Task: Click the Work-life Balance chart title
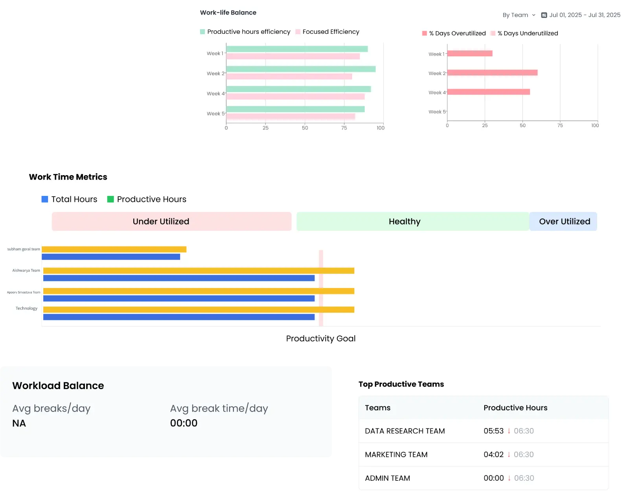[x=228, y=13]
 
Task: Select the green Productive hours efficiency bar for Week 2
[x=301, y=69]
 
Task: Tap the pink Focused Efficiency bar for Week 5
[x=291, y=116]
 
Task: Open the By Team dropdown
[x=519, y=15]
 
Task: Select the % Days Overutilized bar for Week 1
[x=470, y=54]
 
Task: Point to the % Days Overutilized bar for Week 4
[x=489, y=92]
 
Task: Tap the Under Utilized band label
[x=161, y=222]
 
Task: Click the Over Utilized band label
[x=564, y=222]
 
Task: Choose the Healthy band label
[x=405, y=222]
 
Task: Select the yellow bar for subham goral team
[x=114, y=249]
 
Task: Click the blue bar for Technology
[x=179, y=317]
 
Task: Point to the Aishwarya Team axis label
[x=26, y=271]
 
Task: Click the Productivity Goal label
[x=320, y=339]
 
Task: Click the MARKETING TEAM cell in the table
[x=396, y=455]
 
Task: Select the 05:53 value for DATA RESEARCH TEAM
[x=493, y=431]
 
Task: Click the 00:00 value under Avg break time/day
[x=184, y=423]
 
